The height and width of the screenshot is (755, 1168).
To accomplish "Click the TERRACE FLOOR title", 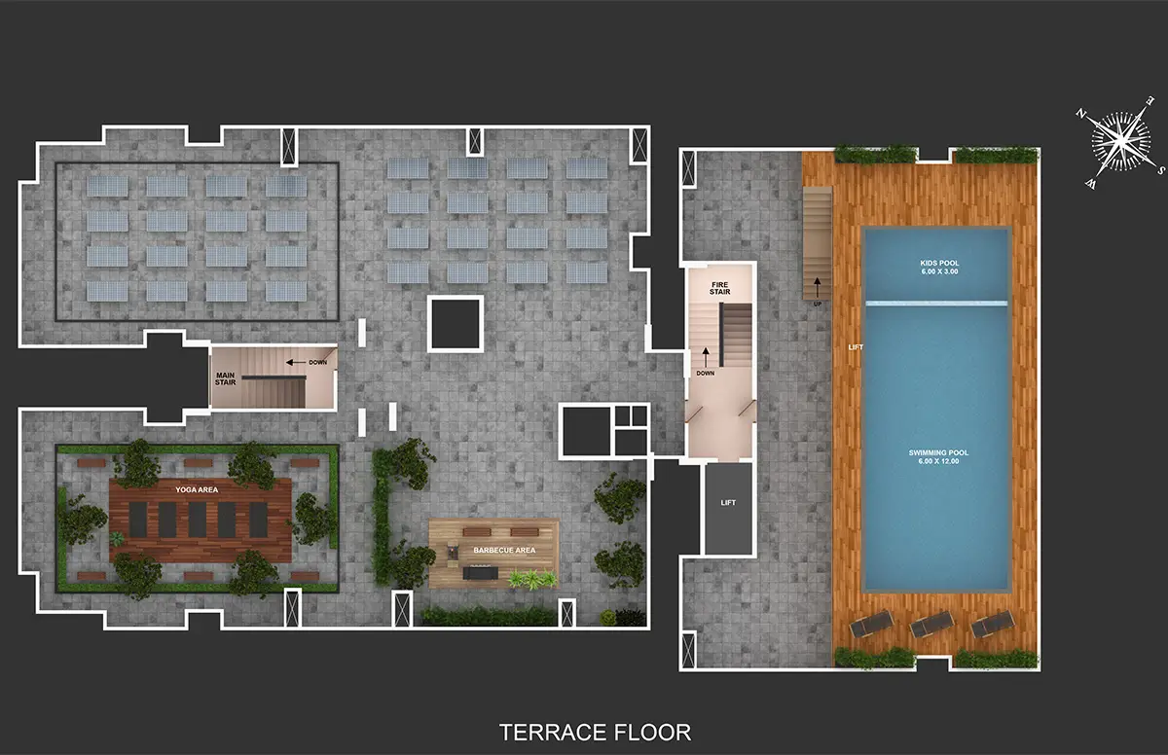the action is click(x=595, y=732).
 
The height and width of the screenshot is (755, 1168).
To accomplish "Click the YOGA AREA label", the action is click(x=197, y=489).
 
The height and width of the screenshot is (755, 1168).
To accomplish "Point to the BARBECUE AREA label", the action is click(x=504, y=551).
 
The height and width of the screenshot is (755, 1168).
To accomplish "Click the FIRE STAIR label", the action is click(x=719, y=288).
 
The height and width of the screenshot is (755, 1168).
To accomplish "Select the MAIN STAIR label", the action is click(x=225, y=378).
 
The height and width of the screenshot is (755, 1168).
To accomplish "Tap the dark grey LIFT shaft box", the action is click(x=728, y=509).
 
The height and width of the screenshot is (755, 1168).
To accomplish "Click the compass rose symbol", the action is click(x=1120, y=142).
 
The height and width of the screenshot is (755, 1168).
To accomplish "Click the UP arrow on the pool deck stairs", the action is click(x=817, y=288).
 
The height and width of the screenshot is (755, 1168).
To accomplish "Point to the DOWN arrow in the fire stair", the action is click(x=706, y=358).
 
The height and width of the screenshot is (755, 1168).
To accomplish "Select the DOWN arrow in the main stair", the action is click(x=296, y=362).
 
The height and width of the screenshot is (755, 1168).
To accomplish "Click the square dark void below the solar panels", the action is click(x=456, y=324).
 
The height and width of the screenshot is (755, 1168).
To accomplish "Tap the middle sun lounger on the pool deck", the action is click(x=931, y=625).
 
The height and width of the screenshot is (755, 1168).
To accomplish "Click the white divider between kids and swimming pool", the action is click(x=936, y=303).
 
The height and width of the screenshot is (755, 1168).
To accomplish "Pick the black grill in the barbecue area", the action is click(x=480, y=573).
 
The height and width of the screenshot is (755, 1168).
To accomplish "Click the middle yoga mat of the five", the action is click(x=197, y=520).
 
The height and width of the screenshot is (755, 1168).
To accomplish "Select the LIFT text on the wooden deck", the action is click(x=856, y=347).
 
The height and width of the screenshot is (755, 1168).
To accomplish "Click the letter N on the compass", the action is click(x=1080, y=114).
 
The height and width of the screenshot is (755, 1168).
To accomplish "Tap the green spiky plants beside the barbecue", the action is click(x=532, y=579).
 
